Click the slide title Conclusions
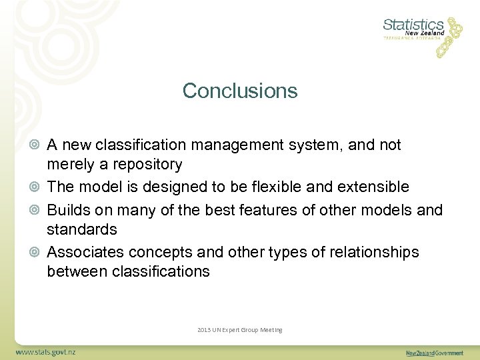(x=240, y=91)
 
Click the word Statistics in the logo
(x=413, y=25)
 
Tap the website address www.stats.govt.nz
(x=46, y=351)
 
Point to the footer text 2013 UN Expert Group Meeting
(x=240, y=330)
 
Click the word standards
(x=81, y=230)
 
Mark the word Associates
(x=85, y=252)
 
